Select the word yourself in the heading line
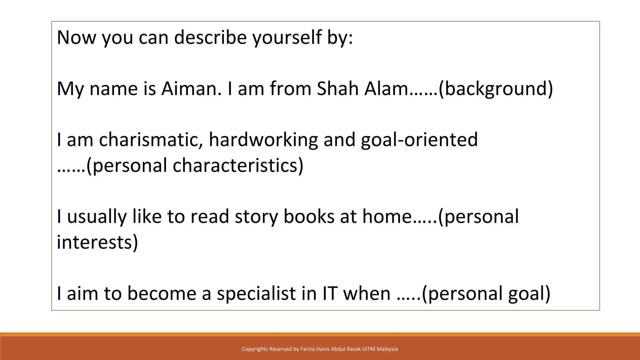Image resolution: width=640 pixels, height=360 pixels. tap(287, 37)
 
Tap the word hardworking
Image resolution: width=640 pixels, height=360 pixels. tap(263, 140)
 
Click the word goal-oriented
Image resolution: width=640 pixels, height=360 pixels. tap(419, 140)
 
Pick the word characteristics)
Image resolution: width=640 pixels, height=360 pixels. tap(238, 165)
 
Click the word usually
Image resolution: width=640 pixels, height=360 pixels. tap(97, 217)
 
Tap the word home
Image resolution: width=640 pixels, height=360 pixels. tap(387, 217)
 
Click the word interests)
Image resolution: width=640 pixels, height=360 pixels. tap(97, 242)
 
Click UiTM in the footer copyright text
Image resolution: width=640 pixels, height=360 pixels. tap(368, 349)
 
